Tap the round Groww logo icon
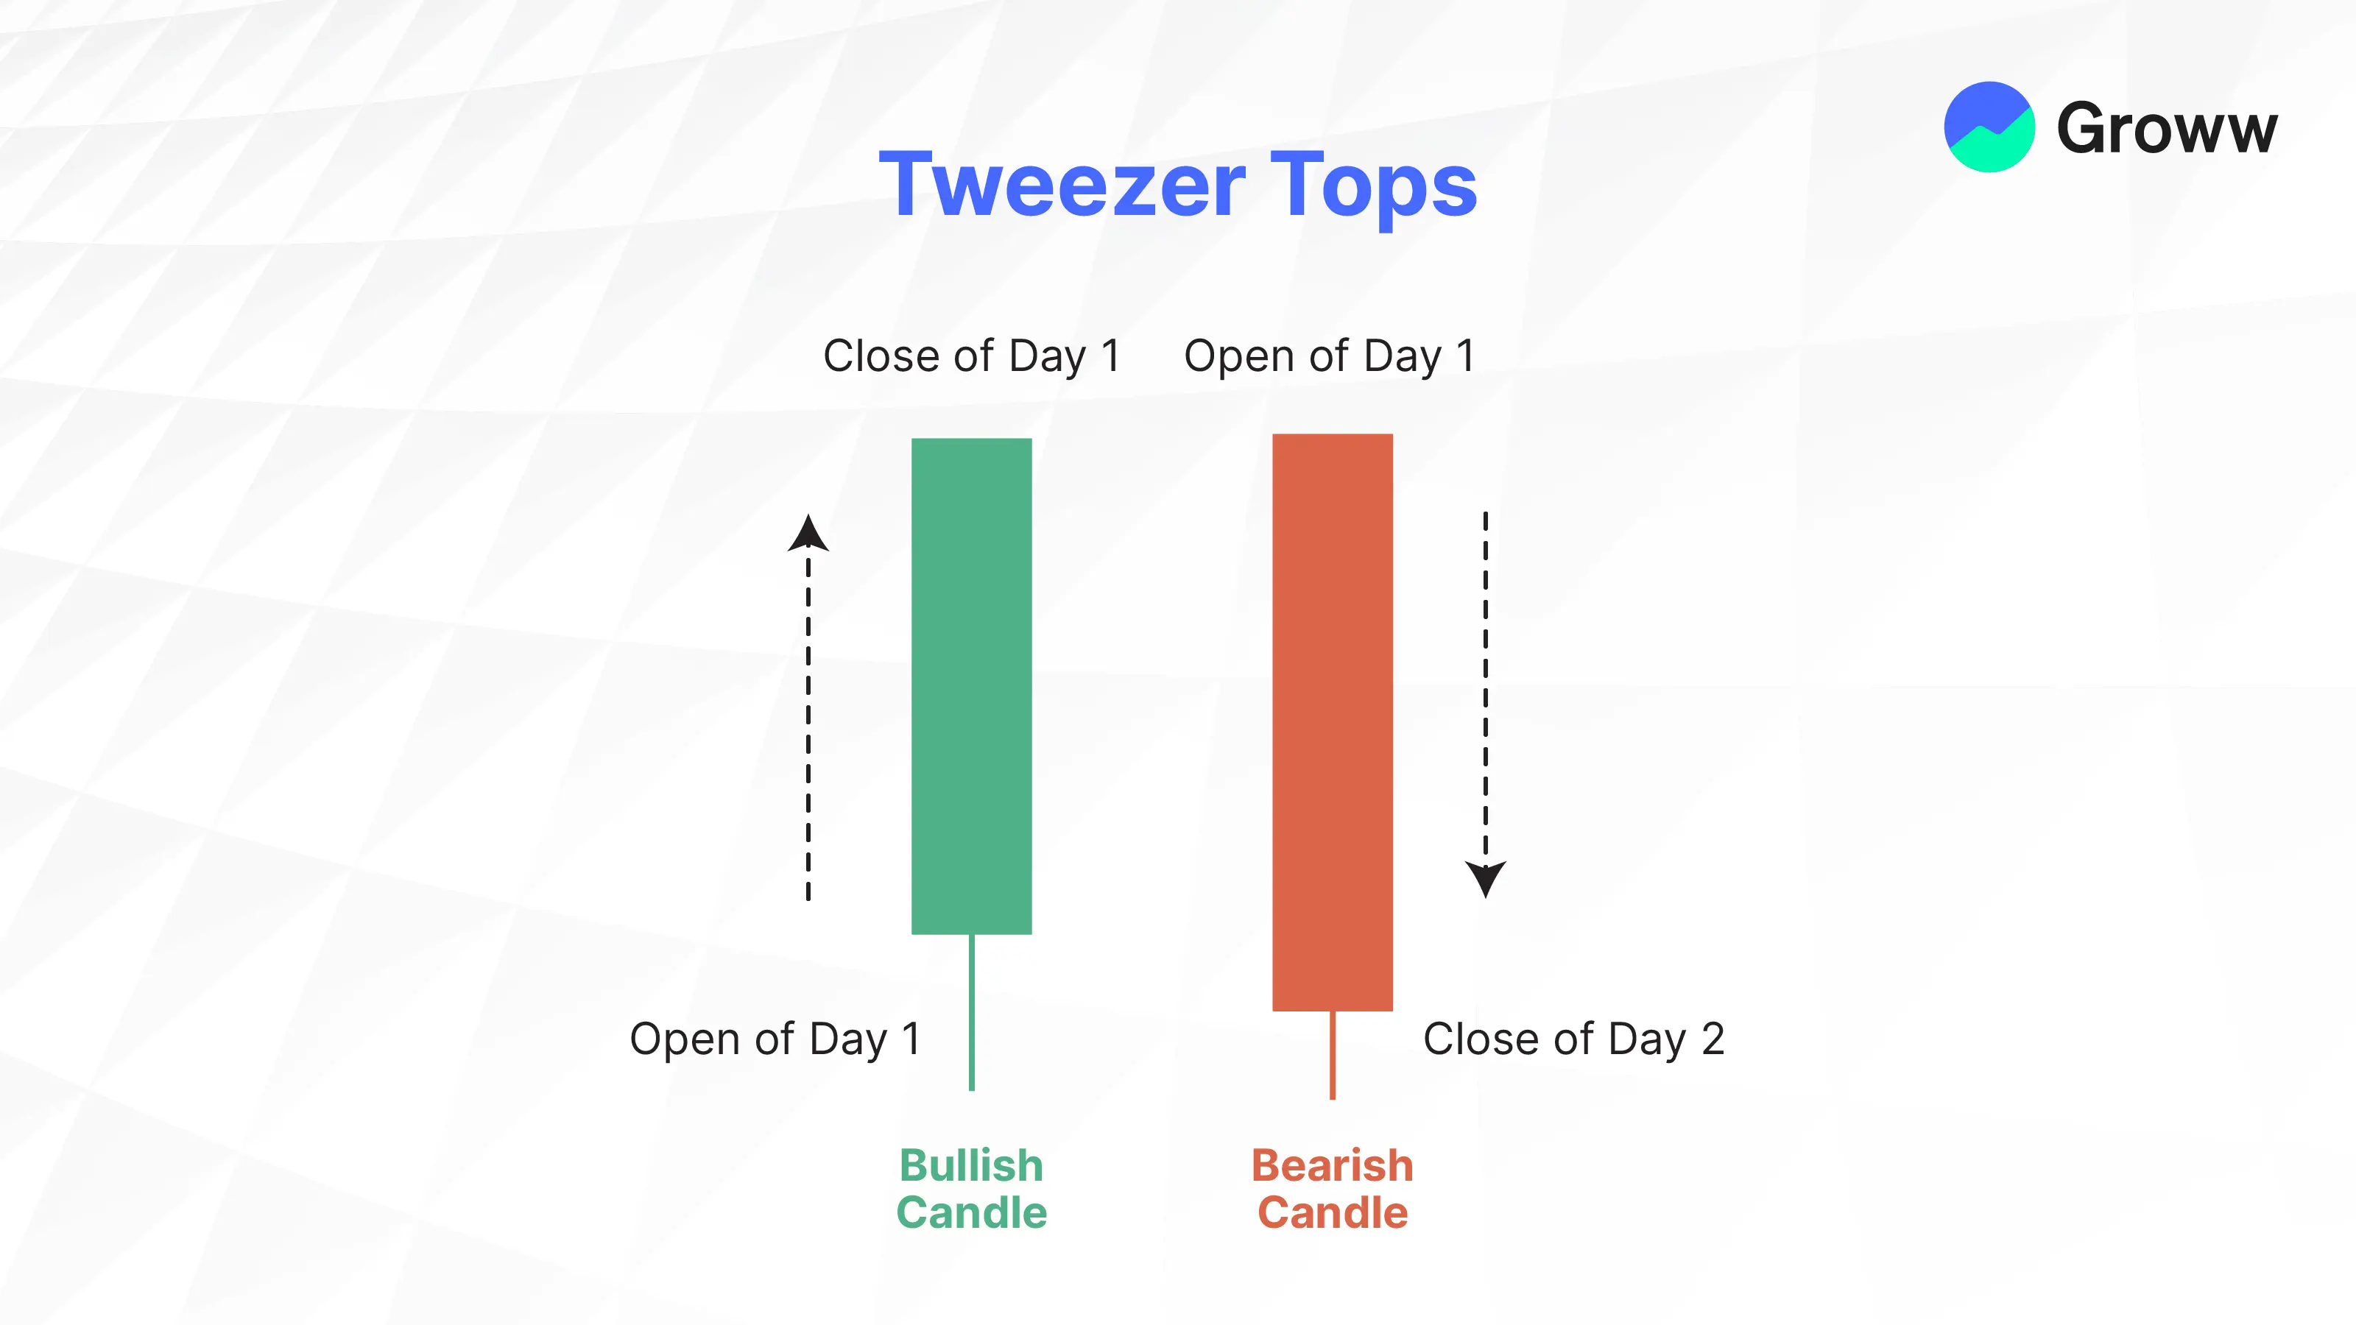[1989, 127]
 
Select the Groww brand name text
[2167, 128]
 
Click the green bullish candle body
[971, 686]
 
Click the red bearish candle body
[1333, 722]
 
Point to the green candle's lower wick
[971, 1012]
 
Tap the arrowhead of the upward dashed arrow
[808, 533]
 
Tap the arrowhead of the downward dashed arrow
[1485, 879]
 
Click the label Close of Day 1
[971, 356]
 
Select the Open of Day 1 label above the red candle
[1329, 356]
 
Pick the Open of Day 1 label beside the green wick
[775, 1039]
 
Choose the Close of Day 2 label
[1574, 1039]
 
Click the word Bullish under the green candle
[971, 1166]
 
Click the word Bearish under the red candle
[1333, 1166]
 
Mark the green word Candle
[971, 1213]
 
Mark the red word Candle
[1333, 1213]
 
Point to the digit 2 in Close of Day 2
[1713, 1039]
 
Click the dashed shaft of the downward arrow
[1485, 687]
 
